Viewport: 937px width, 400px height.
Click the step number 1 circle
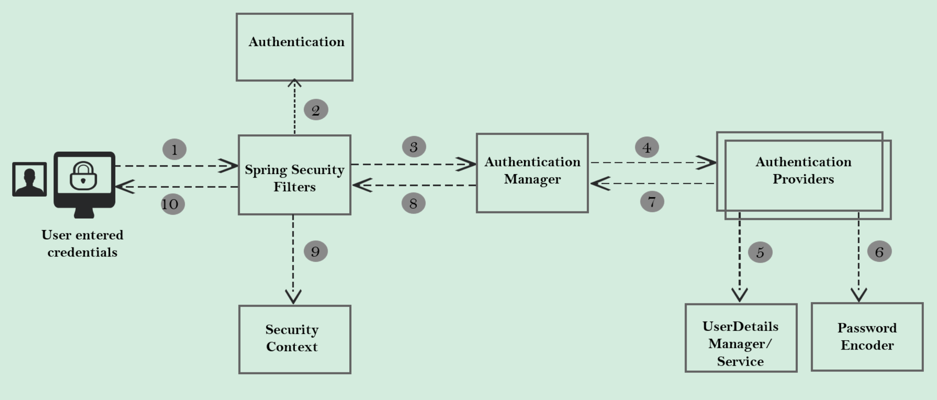(174, 149)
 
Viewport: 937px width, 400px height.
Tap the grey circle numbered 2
(316, 110)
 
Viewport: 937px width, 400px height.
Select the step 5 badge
(760, 253)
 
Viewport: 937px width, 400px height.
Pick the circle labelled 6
(879, 252)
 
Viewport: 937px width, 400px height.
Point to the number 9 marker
(315, 251)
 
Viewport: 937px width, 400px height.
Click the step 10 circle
(173, 204)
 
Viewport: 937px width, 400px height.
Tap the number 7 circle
(652, 202)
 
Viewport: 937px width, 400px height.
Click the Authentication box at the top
(295, 47)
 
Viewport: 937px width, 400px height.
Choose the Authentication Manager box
(532, 173)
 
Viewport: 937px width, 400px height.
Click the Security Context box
(295, 339)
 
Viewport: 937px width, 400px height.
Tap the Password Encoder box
(867, 337)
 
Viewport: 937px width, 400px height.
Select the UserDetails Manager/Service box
(741, 338)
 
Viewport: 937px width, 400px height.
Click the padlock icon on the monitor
(83, 176)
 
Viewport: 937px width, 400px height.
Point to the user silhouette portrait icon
(29, 179)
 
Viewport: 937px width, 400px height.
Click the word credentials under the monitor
(82, 253)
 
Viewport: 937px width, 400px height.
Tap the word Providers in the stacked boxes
(803, 179)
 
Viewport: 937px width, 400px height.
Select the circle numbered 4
(647, 147)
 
